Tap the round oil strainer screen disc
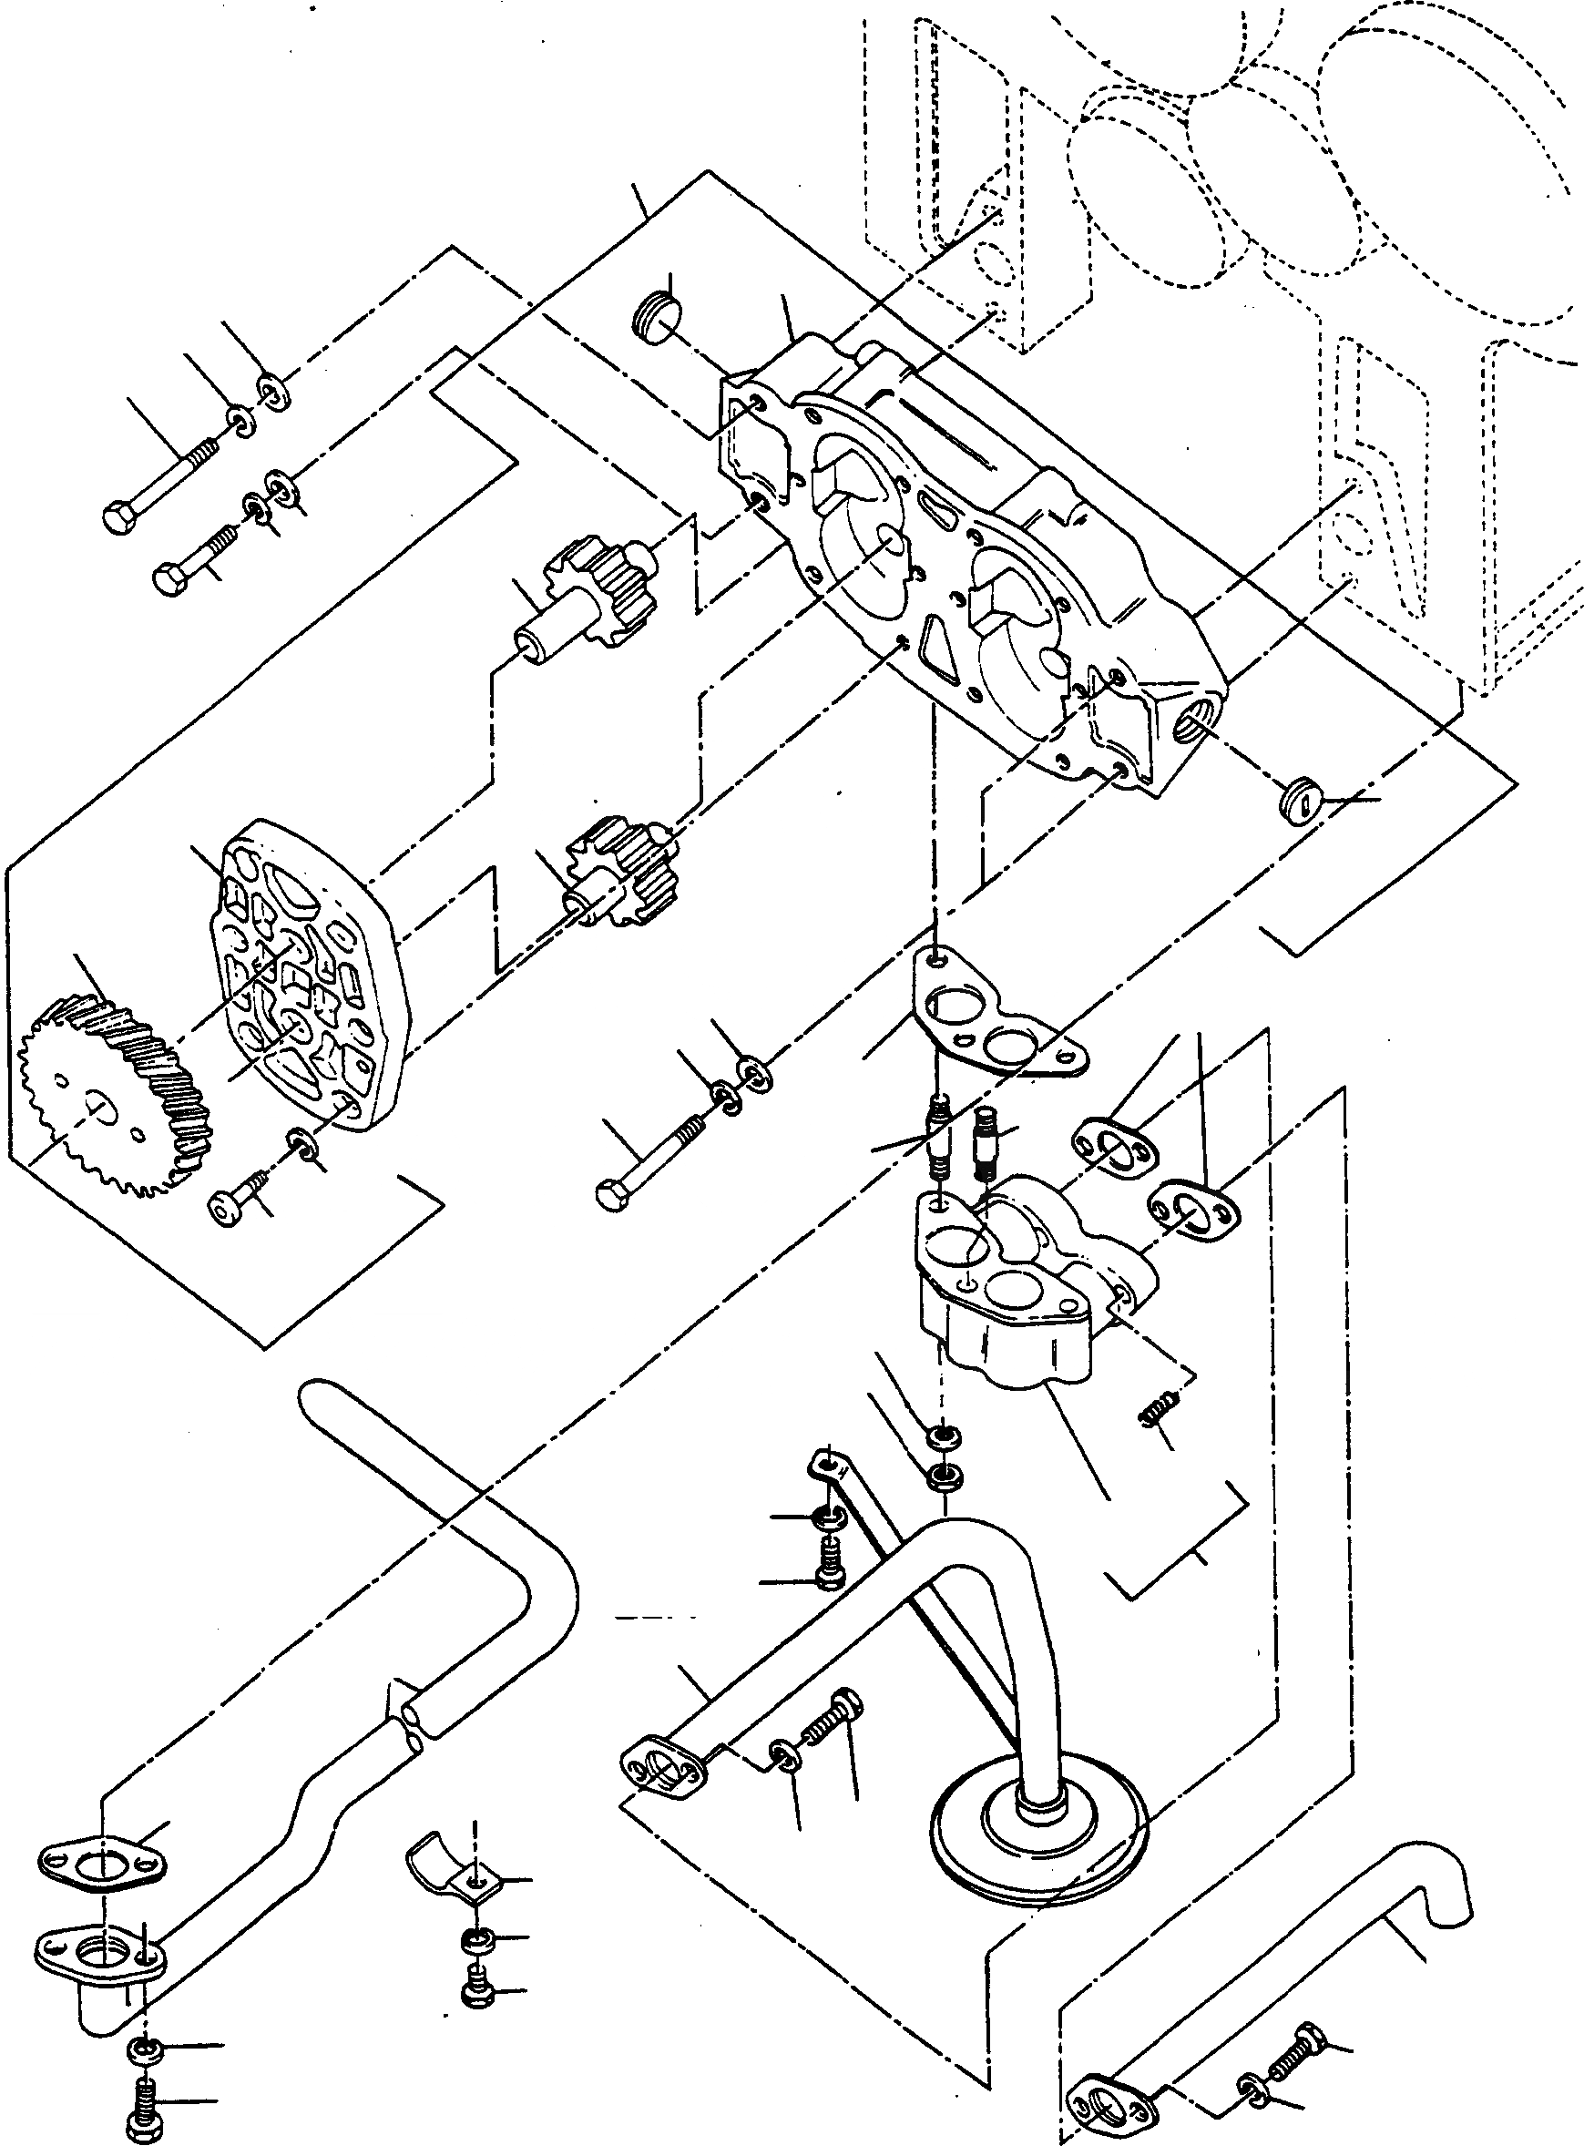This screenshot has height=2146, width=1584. coord(1038,1836)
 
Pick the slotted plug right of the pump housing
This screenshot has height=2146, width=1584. coord(1300,800)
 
